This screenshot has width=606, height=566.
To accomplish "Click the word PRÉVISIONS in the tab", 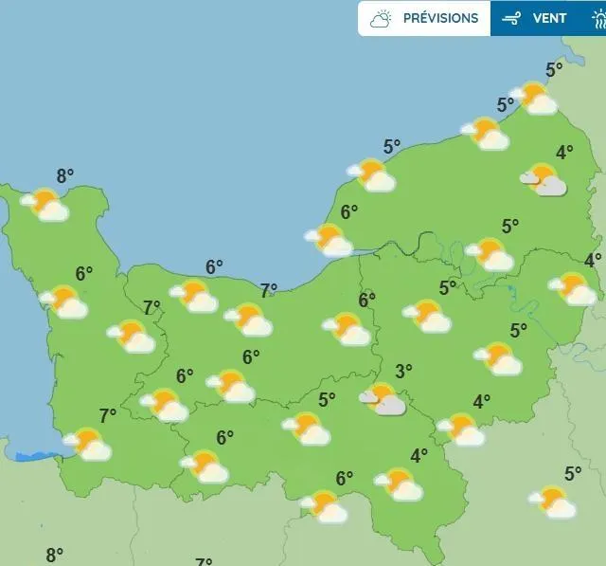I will (x=440, y=18).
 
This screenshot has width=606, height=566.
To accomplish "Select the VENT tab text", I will (x=550, y=18).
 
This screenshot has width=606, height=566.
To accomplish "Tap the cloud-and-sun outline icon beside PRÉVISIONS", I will (x=382, y=18).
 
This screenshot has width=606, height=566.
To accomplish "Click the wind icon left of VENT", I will (x=512, y=18).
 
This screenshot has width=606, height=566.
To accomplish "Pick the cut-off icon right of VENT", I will (x=598, y=18).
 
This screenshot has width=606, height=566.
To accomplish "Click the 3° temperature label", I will (x=403, y=371).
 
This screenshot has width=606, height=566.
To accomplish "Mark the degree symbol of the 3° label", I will (x=410, y=366).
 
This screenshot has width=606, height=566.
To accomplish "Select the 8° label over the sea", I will (x=65, y=175).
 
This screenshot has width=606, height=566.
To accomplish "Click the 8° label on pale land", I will (x=55, y=555).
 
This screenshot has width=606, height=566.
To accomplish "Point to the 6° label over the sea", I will (x=214, y=267).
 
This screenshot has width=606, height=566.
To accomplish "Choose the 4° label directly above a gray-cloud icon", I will (x=564, y=152).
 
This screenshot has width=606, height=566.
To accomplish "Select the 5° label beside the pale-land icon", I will (x=573, y=473).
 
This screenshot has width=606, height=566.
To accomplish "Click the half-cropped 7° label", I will (x=204, y=562).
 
